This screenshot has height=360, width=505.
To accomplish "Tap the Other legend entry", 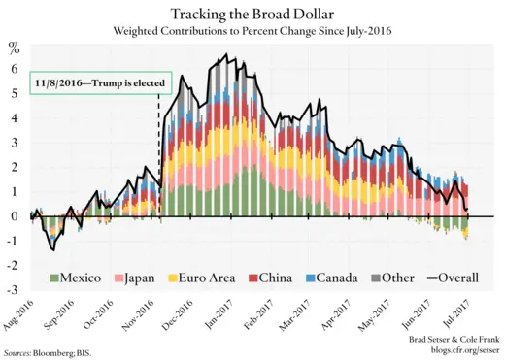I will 398,277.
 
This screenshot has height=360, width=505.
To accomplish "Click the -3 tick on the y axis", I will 13,290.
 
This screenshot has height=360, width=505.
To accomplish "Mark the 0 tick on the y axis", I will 15,216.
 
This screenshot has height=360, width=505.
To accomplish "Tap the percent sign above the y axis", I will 14,46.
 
